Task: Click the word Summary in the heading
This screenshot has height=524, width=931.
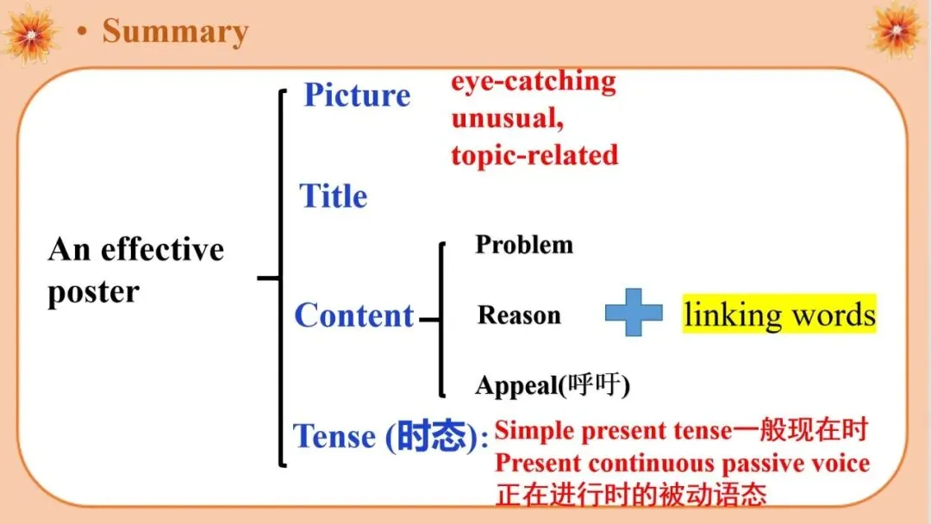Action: pyautogui.click(x=175, y=32)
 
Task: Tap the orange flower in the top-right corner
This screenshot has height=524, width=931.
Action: pyautogui.click(x=897, y=28)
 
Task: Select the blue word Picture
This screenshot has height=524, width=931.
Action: pyautogui.click(x=357, y=95)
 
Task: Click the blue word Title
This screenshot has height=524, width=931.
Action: pyautogui.click(x=333, y=196)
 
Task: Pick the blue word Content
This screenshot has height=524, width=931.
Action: pyautogui.click(x=354, y=315)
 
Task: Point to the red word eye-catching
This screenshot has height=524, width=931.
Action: pyautogui.click(x=534, y=82)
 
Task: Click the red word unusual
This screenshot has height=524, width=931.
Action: pyautogui.click(x=506, y=118)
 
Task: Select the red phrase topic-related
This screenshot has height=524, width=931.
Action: pyautogui.click(x=535, y=155)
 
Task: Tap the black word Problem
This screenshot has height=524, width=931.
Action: pyautogui.click(x=524, y=245)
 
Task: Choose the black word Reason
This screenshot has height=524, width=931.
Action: pyautogui.click(x=520, y=315)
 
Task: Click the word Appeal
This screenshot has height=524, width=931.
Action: pyautogui.click(x=516, y=386)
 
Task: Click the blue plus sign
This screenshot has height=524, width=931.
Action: pyautogui.click(x=634, y=312)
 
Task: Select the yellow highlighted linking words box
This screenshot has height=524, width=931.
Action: pyautogui.click(x=779, y=314)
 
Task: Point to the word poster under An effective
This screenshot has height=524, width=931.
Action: pyautogui.click(x=93, y=292)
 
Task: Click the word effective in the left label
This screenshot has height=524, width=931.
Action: pyautogui.click(x=162, y=249)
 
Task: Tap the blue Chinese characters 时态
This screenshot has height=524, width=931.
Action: pyautogui.click(x=431, y=435)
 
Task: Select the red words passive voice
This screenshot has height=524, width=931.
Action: pyautogui.click(x=797, y=464)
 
